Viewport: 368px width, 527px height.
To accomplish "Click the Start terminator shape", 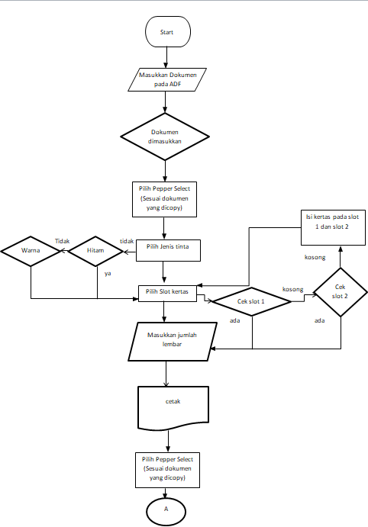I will [x=167, y=33].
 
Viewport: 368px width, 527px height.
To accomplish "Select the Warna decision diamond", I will [x=30, y=249].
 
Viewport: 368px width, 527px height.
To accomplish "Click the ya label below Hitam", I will [x=108, y=273].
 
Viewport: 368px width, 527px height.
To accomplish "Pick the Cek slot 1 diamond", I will [x=251, y=300].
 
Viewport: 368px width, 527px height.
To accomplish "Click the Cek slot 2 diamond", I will [x=340, y=291].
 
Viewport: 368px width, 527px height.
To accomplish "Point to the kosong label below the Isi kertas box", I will [x=316, y=257].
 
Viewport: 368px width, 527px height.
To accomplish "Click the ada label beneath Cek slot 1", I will [x=235, y=321].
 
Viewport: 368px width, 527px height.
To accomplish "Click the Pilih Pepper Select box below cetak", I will [x=167, y=471].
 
